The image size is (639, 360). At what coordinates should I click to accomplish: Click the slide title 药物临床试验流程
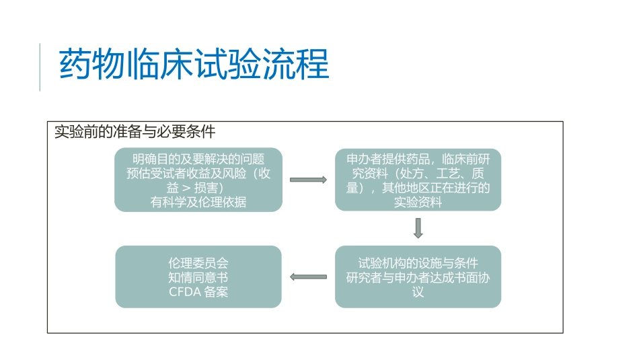[x=194, y=65]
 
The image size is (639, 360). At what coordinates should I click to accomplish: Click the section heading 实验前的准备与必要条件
[x=135, y=131]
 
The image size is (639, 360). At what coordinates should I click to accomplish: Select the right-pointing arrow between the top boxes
[x=308, y=180]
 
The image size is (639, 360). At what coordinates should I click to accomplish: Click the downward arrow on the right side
[x=418, y=228]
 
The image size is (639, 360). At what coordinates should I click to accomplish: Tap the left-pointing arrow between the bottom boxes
[x=308, y=277]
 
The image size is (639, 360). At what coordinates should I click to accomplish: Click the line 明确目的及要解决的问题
[x=198, y=159]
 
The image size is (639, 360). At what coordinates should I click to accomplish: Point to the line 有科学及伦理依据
[x=198, y=202]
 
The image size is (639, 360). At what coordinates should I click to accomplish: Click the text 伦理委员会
[x=198, y=262]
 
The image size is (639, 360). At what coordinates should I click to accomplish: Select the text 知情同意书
[x=198, y=277]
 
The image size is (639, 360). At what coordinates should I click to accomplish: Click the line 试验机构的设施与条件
[x=418, y=262]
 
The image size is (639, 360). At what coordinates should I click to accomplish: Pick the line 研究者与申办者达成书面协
[x=418, y=277]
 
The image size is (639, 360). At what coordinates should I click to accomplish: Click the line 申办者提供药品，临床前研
[x=418, y=159]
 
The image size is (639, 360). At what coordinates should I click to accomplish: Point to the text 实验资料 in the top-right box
[x=418, y=202]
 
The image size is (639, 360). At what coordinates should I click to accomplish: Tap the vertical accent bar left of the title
[x=40, y=67]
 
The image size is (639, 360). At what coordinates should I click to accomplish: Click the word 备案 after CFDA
[x=217, y=292]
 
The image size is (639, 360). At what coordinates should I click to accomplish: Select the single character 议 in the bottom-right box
[x=418, y=292]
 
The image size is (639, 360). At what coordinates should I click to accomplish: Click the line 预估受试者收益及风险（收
[x=198, y=174]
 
